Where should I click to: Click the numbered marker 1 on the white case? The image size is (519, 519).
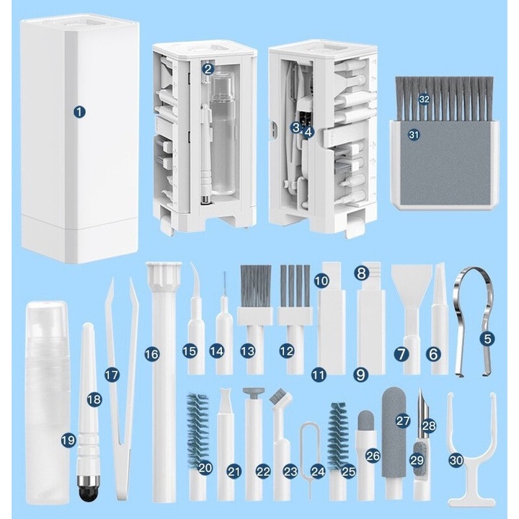point(79,112)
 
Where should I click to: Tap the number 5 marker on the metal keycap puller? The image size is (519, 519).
point(488,337)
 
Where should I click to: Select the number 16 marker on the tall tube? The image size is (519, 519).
point(151,354)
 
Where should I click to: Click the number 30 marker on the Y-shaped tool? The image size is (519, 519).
point(455,459)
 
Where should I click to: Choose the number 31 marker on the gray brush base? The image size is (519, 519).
point(413,134)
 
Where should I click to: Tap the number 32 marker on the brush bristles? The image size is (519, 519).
point(425,99)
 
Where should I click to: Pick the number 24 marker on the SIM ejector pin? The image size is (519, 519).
point(318,471)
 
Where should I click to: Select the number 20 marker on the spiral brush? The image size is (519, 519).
point(205,467)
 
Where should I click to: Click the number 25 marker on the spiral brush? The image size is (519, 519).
point(349,472)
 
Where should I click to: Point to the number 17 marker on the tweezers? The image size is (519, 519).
point(111,375)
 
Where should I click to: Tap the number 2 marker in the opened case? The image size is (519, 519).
point(208,69)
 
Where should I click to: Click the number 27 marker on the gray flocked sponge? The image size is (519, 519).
point(403,419)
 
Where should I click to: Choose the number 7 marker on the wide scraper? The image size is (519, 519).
point(402,354)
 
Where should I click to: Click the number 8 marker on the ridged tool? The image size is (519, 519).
point(361,273)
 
